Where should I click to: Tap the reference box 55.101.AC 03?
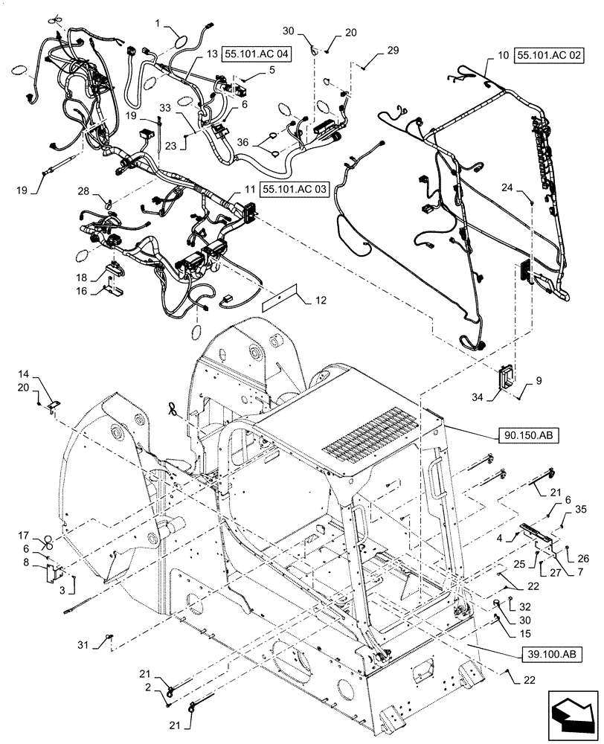(x=295, y=190)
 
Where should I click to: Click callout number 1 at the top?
(x=158, y=24)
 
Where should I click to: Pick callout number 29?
(x=393, y=51)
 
